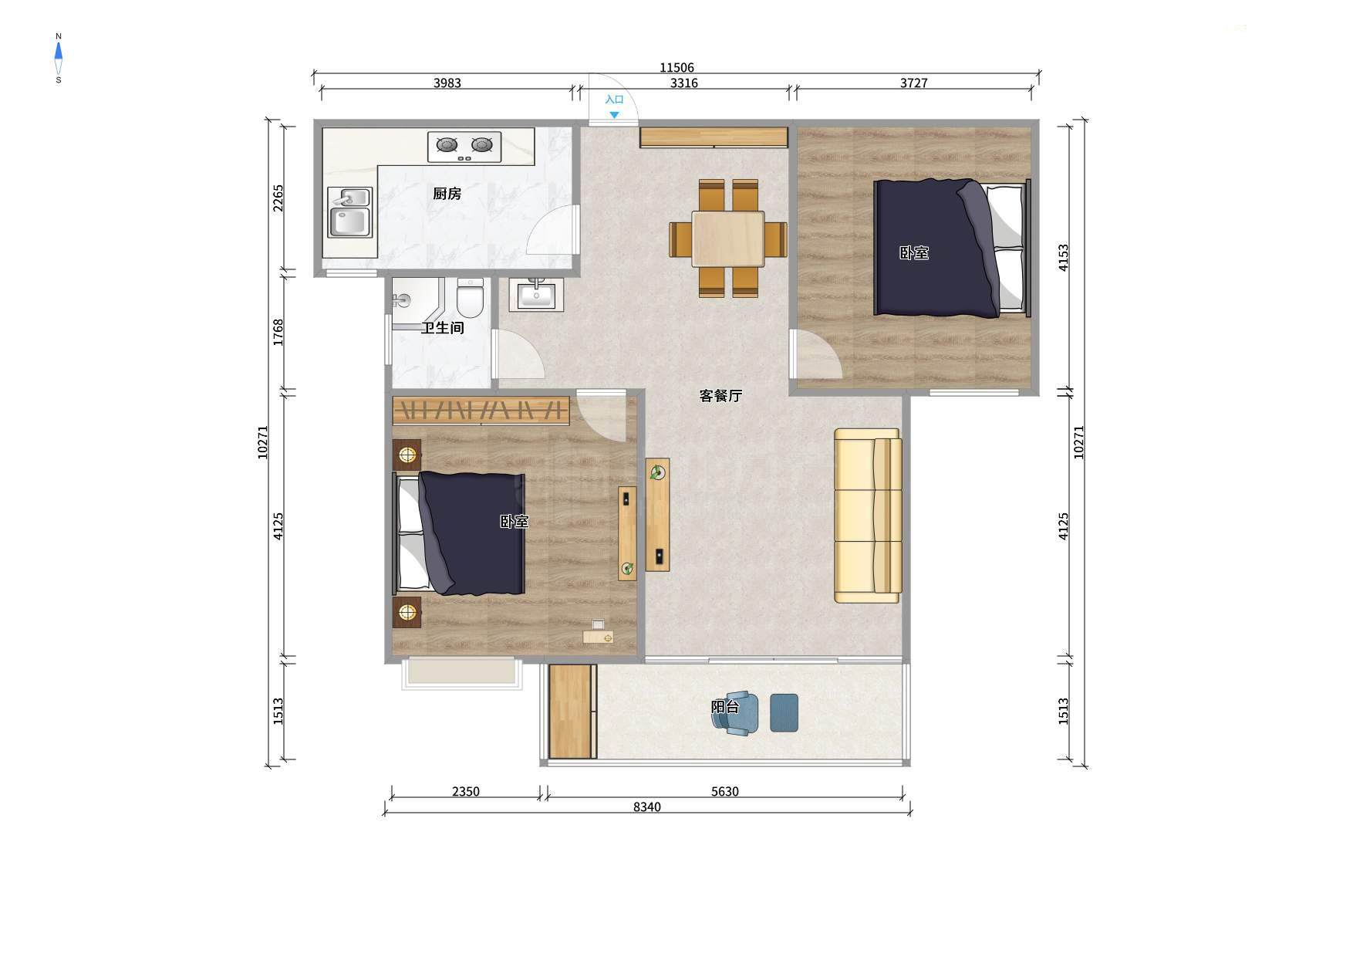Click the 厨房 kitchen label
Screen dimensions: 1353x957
[x=447, y=194]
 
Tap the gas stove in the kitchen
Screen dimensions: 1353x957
[x=464, y=147]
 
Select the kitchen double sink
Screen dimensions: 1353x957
[x=349, y=212]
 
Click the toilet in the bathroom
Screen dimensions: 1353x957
[x=470, y=297]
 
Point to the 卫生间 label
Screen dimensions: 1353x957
[x=442, y=328]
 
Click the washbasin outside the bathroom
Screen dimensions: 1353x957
[x=536, y=294]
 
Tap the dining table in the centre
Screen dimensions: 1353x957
[x=727, y=238]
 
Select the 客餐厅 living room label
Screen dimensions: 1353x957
[x=720, y=396]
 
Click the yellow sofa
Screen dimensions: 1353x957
[x=868, y=516]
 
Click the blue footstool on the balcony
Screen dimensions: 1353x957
[x=784, y=712]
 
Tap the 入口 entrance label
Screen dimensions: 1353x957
[x=614, y=100]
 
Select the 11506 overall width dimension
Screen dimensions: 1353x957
[x=676, y=68]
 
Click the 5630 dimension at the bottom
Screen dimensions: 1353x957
[x=724, y=792]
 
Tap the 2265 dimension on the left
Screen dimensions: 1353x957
[x=278, y=198]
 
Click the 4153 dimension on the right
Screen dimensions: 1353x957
[x=1064, y=258]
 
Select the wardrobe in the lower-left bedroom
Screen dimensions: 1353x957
[x=481, y=411]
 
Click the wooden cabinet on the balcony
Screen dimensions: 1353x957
[x=573, y=712]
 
